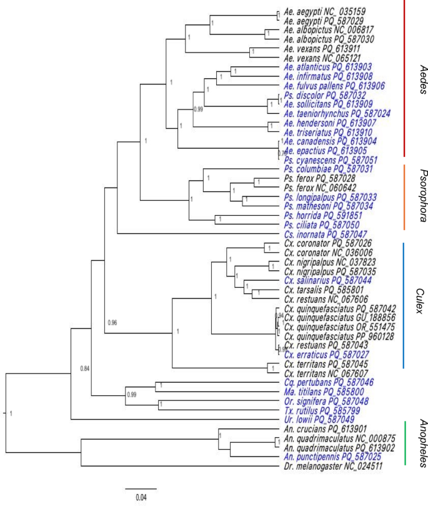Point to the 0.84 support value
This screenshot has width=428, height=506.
click(x=85, y=368)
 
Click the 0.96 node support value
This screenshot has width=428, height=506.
click(x=112, y=323)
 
